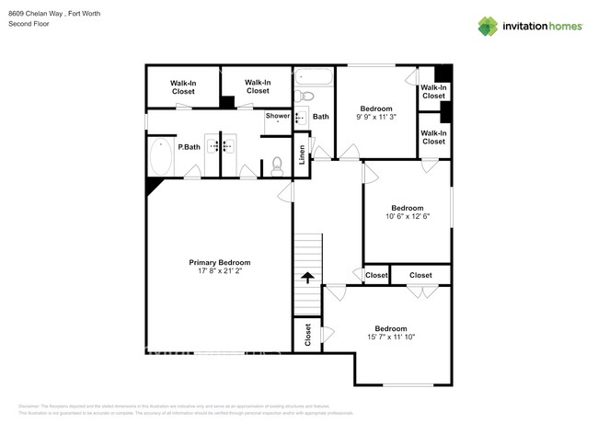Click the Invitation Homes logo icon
pos(487,27)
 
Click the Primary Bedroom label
pos(220,262)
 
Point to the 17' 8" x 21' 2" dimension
pos(220,271)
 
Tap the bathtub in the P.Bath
pos(161,157)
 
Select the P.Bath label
pos(190,147)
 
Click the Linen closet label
pos(302,154)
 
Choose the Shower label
pos(278,116)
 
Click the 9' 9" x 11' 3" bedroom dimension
pos(376,117)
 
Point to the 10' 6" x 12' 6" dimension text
pos(408,216)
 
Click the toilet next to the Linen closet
pos(277,166)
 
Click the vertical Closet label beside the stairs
pos(307,334)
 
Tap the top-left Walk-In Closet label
pos(183,88)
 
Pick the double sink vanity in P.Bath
pos(220,145)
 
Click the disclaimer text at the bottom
pos(184,408)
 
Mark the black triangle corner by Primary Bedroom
pos(152,185)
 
